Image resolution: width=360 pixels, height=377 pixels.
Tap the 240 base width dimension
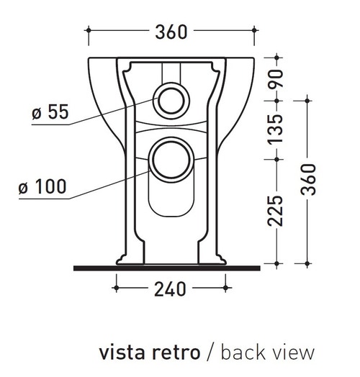171,289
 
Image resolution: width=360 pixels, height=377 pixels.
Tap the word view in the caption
296,353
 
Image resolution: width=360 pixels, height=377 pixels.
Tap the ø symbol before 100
24,188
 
